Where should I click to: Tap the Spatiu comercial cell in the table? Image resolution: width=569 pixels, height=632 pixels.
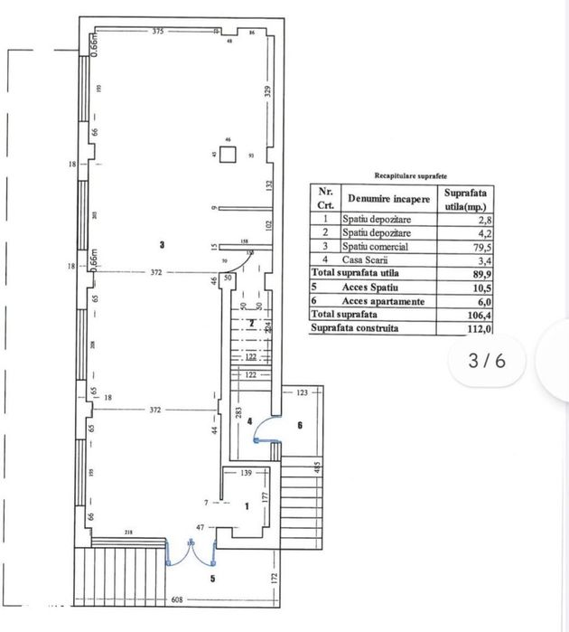pos(375,247)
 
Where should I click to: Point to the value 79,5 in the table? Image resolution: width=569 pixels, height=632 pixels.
pos(462,247)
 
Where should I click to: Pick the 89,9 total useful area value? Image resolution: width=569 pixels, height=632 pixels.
pos(461,273)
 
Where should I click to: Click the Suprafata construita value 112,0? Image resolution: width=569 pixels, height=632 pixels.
pos(461,328)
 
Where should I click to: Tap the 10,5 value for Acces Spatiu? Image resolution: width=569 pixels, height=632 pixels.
pos(461,288)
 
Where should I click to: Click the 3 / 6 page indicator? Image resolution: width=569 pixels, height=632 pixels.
pos(487,360)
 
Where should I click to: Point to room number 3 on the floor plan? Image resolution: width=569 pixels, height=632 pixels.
pos(162,244)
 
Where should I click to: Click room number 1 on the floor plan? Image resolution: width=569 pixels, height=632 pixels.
pos(245,506)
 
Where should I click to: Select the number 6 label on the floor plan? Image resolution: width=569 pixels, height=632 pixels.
pos(300,424)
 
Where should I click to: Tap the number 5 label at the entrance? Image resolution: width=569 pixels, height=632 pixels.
pos(212,579)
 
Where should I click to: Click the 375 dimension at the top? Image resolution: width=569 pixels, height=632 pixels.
pos(158,31)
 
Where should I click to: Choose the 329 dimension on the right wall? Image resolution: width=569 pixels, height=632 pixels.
pos(267,90)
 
